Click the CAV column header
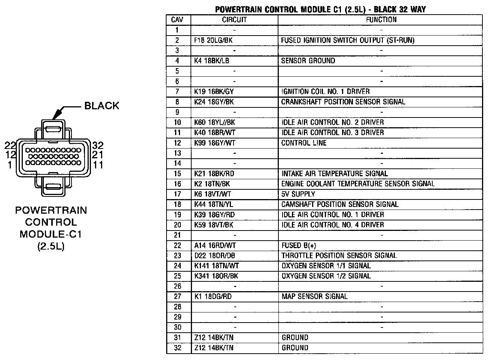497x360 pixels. pos(177,20)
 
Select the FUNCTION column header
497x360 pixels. pos(381,20)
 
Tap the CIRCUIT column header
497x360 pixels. pos(234,20)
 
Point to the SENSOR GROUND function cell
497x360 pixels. pos(308,61)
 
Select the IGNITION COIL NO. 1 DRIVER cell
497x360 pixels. pos(325,91)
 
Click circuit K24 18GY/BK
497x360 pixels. pos(214,102)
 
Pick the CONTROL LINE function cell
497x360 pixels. pos(304,143)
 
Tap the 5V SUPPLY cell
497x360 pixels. pos(298,194)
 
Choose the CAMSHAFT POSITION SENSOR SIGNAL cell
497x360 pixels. pos(340,204)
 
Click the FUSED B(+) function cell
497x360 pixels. pos(299,245)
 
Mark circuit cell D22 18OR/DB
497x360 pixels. pos(214,256)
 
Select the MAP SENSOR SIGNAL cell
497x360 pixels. pos(315,296)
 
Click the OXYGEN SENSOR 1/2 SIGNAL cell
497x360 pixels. pos(326,276)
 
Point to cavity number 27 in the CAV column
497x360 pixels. pos(177,296)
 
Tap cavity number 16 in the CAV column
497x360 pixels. pos(177,184)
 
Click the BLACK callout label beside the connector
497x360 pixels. pos(101,106)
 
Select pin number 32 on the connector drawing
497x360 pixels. pos(98,145)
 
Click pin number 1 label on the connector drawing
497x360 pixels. pos(10,165)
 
